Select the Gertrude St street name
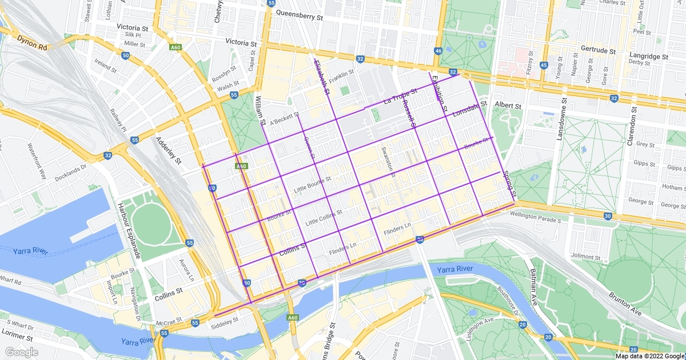597,50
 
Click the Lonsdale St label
469,110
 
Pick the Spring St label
509,184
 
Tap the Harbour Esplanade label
129,229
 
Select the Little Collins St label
324,217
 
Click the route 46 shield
438,51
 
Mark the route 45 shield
543,66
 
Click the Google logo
21,352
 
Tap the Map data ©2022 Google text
649,355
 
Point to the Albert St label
508,106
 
